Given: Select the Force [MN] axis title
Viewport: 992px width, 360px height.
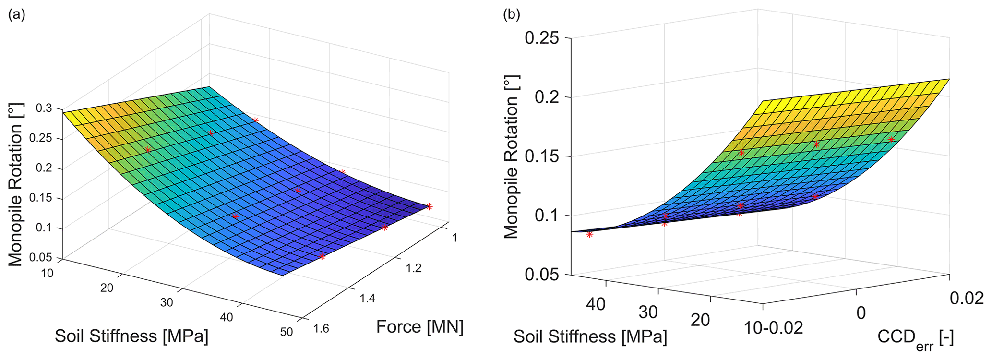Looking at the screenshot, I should (x=419, y=327).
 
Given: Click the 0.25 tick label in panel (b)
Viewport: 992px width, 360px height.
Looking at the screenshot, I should (x=542, y=38).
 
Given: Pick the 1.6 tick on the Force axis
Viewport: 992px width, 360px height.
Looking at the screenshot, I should (x=322, y=329).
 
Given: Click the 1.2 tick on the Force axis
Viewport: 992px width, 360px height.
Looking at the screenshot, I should (x=413, y=268).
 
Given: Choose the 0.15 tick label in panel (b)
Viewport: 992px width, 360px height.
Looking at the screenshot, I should (x=542, y=156).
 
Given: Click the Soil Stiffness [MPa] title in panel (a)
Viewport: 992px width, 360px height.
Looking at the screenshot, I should (x=131, y=336).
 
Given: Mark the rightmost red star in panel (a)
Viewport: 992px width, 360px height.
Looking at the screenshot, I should (x=429, y=206).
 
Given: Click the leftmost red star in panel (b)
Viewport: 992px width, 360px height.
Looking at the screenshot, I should (x=590, y=234).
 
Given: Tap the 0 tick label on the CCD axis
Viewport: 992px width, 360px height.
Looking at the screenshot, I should (x=861, y=313).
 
